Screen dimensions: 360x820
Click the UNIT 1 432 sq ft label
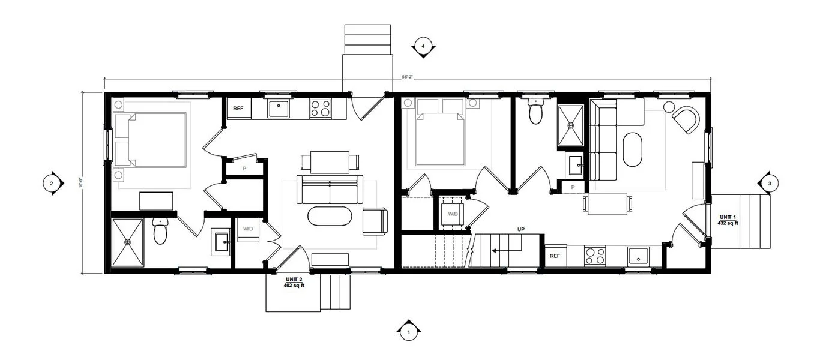click(727, 220)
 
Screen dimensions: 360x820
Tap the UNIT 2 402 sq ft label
click(294, 283)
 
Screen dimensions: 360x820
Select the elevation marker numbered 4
click(423, 46)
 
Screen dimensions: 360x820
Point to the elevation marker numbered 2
click(52, 183)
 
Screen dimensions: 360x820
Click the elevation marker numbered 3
click(769, 183)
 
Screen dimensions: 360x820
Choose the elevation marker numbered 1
click(409, 331)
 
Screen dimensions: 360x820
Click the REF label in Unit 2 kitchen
click(238, 109)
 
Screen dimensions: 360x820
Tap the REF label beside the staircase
click(555, 256)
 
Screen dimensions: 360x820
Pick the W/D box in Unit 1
click(453, 214)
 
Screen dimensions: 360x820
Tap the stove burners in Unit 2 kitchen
click(319, 109)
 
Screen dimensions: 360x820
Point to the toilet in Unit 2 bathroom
click(160, 231)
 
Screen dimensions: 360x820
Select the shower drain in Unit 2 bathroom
click(127, 242)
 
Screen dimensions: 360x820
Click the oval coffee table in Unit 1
click(633, 149)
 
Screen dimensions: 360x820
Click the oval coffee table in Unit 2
click(330, 217)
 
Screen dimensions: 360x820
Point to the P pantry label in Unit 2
click(244, 169)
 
